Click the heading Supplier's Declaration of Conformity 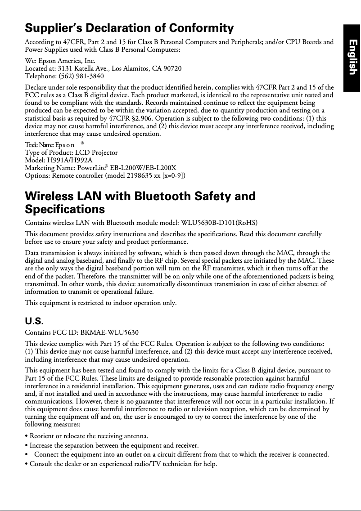[129, 29]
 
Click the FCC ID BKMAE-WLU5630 [109, 333]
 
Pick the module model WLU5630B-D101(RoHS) [219, 223]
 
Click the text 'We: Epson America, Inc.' [60, 61]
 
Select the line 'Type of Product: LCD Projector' [71, 152]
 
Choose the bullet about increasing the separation [112, 445]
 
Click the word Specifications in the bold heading [65, 210]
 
